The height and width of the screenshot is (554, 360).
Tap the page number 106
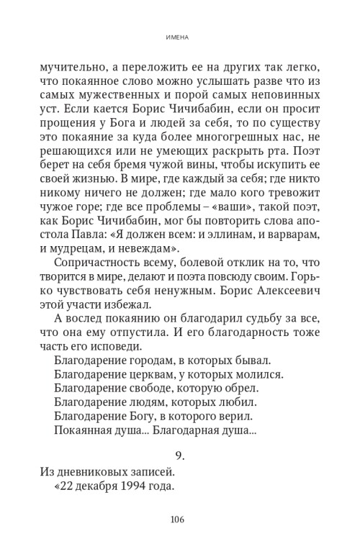tap(180, 520)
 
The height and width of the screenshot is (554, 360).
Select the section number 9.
tap(180, 456)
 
